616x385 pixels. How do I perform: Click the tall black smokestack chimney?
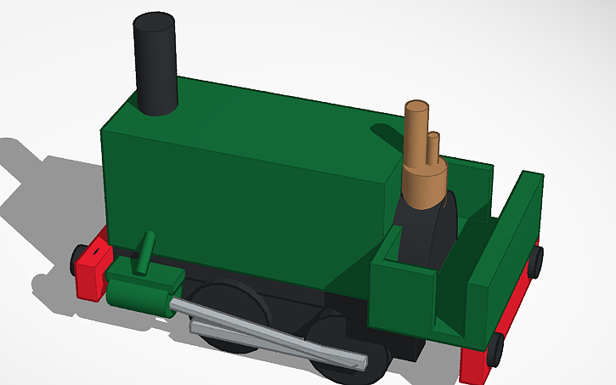point(156,64)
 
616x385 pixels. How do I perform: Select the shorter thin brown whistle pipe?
point(434,149)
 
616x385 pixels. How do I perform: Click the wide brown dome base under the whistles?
point(424,182)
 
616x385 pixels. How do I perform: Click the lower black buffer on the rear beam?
point(494,349)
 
